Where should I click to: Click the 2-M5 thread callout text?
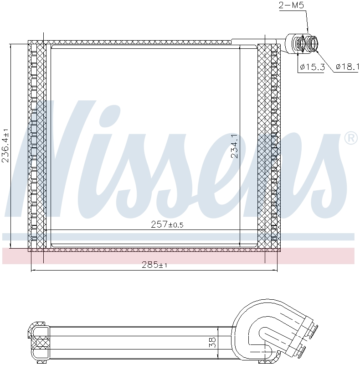pyautogui.click(x=291, y=5)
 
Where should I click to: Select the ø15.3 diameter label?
pyautogui.click(x=312, y=67)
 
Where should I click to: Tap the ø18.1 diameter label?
pyautogui.click(x=348, y=67)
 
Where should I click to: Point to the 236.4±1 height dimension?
pyautogui.click(x=5, y=145)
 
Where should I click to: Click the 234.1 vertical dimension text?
pyautogui.click(x=234, y=146)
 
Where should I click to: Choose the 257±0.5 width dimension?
pyautogui.click(x=167, y=224)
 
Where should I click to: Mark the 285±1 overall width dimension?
pyautogui.click(x=154, y=265)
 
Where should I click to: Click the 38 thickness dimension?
pyautogui.click(x=212, y=343)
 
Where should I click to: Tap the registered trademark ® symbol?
pyautogui.click(x=351, y=138)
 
